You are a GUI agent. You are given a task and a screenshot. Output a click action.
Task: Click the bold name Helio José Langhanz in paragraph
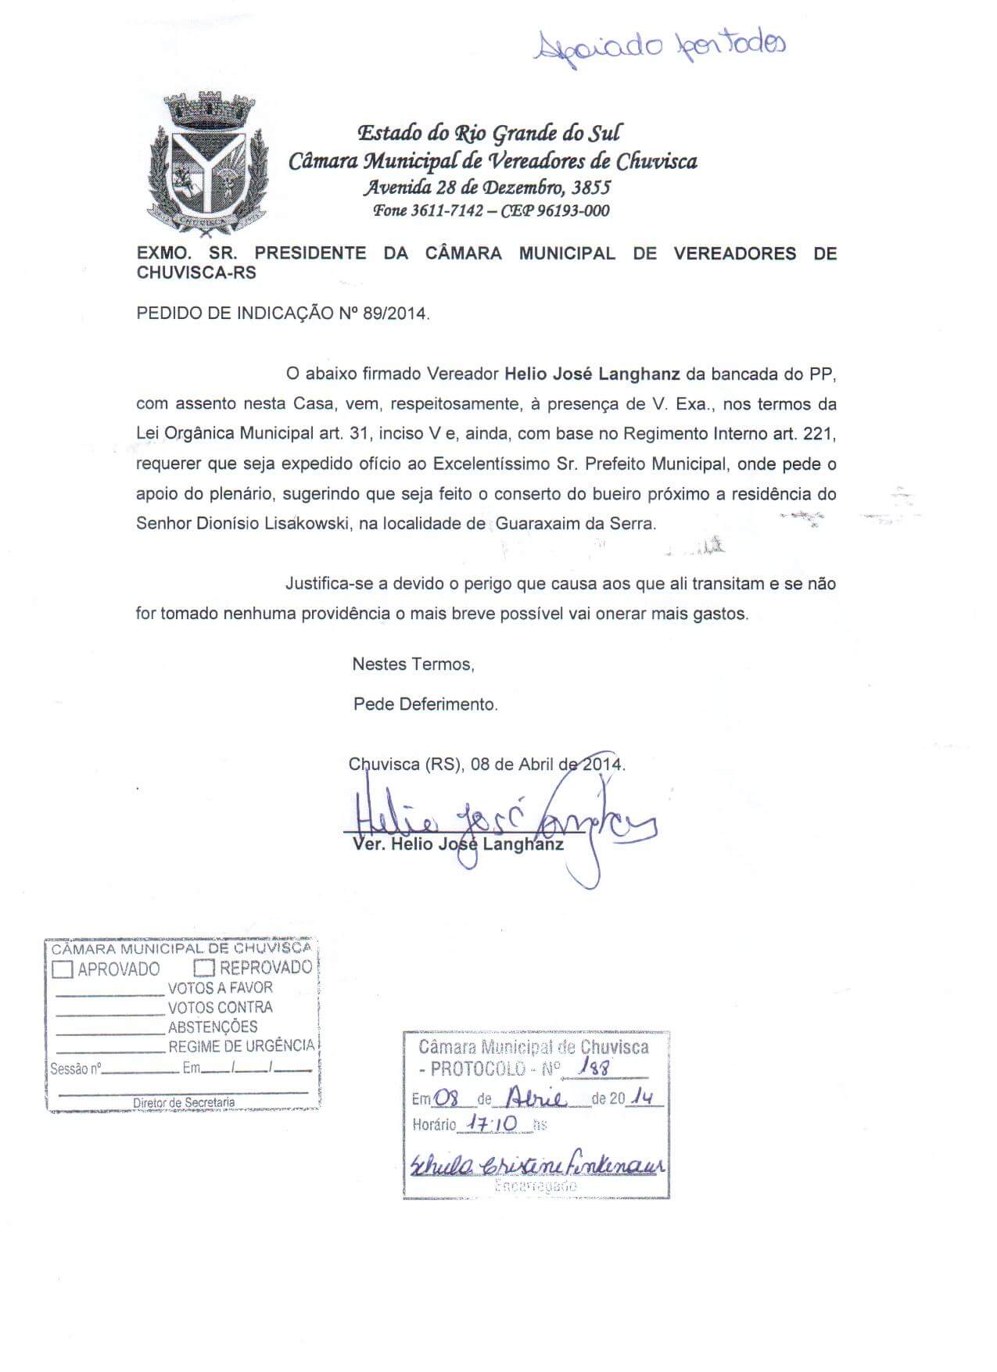pos(592,374)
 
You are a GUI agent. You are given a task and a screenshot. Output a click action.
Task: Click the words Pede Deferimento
pos(425,704)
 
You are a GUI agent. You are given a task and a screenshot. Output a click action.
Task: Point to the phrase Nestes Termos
pos(414,665)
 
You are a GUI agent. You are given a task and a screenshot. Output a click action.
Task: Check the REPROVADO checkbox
pos(204,969)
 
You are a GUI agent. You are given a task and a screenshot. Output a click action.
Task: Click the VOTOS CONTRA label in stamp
pos(220,1008)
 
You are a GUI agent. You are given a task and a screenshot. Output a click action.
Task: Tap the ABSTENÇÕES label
pos(213,1027)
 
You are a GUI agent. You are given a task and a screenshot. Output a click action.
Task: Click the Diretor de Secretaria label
pos(183,1102)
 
